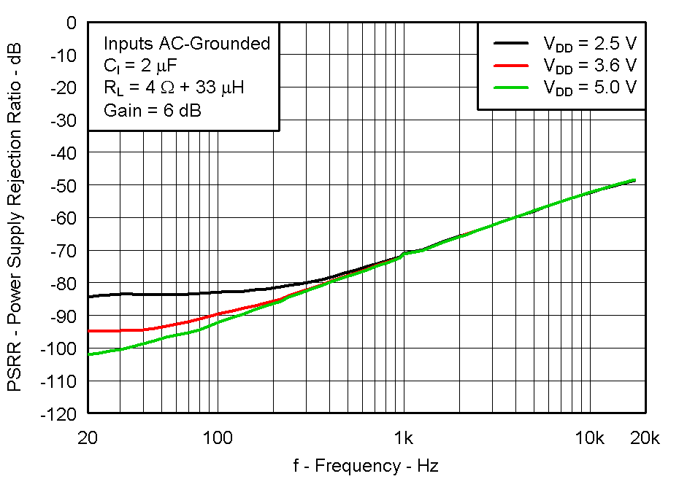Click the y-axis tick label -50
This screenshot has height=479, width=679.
pos(63,186)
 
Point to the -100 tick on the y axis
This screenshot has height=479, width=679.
pos(60,348)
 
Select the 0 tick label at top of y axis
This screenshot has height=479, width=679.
pos(72,23)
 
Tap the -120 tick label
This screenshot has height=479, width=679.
pos(60,413)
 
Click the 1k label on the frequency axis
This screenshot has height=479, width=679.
pos(404,438)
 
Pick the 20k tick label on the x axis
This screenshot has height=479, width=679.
pos(645,438)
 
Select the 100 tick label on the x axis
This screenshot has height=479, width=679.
pos(217,438)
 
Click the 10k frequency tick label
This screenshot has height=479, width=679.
pos(590,438)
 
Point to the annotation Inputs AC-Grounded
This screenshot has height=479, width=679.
pos(187,44)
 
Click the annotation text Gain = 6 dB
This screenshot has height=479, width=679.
pos(153,110)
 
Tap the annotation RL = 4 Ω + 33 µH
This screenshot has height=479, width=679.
pos(174,88)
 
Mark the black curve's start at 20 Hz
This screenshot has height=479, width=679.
pos(88,297)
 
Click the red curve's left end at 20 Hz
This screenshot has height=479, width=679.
pos(88,331)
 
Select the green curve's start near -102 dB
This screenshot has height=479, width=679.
pos(88,354)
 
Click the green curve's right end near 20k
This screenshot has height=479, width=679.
pos(634,180)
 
